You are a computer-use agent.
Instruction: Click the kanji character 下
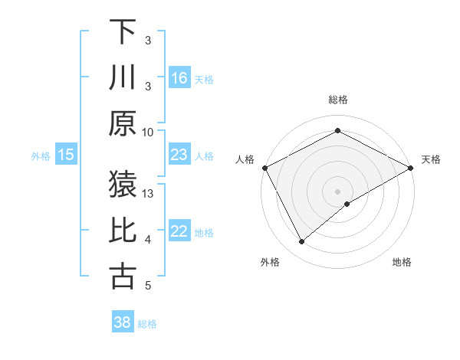[x=123, y=31]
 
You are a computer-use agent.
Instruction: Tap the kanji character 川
[x=123, y=78]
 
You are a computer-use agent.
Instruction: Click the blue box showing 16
[x=179, y=78]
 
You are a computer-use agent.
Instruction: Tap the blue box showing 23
[x=179, y=155]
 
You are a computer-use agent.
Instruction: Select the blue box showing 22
[x=179, y=232]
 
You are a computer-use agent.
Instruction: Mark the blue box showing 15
[x=66, y=155]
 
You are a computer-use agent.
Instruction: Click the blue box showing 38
[x=123, y=322]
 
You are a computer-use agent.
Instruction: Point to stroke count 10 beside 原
[x=148, y=132]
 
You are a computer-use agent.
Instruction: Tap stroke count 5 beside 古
[x=148, y=286]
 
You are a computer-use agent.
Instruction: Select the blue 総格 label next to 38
[x=147, y=324]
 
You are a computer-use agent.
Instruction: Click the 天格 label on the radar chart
[x=431, y=159]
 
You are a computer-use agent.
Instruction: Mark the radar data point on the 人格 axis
[x=264, y=168]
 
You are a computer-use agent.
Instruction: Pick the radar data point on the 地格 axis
[x=347, y=204]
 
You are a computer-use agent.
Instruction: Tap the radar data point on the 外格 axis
[x=302, y=242]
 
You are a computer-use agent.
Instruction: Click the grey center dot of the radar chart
[x=337, y=191]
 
